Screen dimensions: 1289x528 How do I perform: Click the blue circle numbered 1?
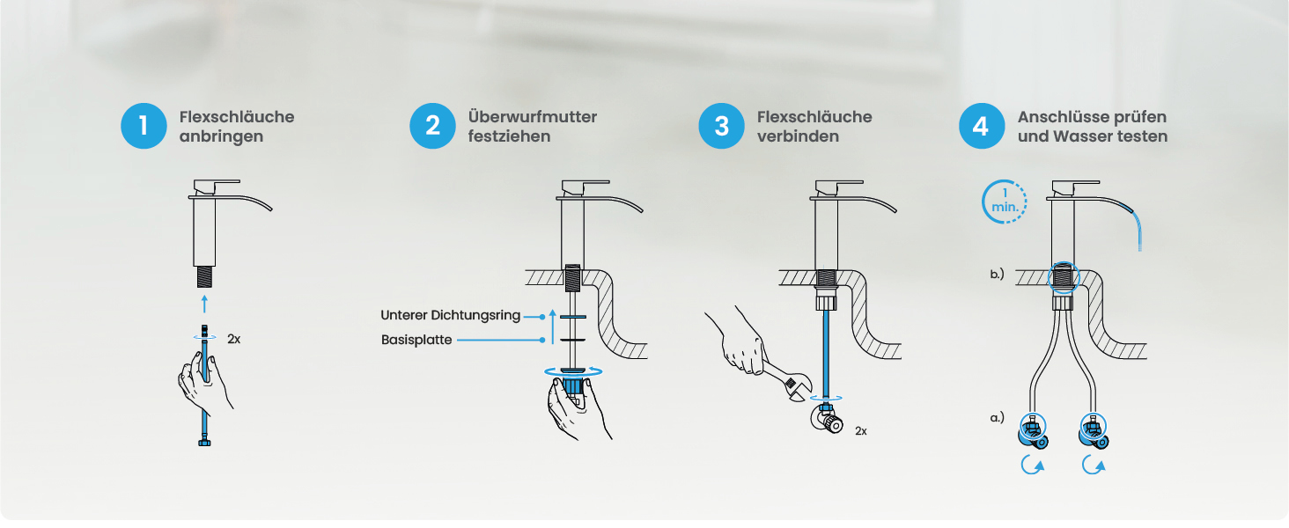(144, 126)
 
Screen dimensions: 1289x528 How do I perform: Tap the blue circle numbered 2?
(432, 126)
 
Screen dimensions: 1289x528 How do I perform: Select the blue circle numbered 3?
(722, 126)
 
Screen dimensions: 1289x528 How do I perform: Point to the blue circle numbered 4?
(982, 126)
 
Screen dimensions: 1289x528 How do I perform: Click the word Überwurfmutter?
(533, 117)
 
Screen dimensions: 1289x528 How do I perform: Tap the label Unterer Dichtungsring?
(450, 315)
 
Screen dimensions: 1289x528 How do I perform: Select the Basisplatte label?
(416, 340)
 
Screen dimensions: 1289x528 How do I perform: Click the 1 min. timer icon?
(1004, 202)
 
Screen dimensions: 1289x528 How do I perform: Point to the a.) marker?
(998, 417)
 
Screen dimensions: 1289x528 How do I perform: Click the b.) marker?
(998, 274)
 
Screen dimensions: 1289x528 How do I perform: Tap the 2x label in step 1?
(233, 340)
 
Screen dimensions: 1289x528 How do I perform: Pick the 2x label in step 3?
(861, 431)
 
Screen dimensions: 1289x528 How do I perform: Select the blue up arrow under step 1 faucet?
(204, 304)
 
